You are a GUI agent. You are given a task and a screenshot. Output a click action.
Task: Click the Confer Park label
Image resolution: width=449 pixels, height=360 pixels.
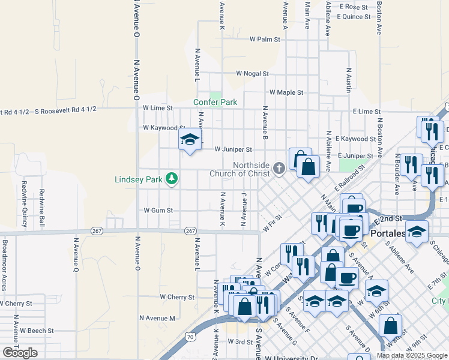[x=215, y=103]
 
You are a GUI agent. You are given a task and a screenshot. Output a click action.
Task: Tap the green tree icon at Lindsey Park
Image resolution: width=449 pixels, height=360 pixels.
[x=172, y=178]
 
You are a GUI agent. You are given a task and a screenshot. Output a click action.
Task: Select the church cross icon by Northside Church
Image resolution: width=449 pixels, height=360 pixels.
[x=279, y=169]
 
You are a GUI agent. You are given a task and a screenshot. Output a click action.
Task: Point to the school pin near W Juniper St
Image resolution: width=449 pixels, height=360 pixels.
[x=190, y=141]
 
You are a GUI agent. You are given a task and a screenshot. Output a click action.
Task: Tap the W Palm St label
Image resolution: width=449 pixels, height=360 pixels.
[x=265, y=40]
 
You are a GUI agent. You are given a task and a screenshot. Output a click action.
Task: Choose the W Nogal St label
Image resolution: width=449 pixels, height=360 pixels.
[x=252, y=73]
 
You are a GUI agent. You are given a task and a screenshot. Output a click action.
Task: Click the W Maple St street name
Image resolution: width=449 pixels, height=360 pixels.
[x=286, y=92]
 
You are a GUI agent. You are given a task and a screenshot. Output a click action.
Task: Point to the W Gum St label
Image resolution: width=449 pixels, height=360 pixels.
[x=158, y=211]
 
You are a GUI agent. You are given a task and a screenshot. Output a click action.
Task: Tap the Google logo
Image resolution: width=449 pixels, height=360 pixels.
[x=20, y=353]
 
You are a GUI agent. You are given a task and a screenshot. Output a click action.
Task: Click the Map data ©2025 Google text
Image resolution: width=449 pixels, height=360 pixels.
[x=411, y=355]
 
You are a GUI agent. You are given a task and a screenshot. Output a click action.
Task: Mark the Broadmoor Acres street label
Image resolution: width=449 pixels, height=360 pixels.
[x=4, y=265]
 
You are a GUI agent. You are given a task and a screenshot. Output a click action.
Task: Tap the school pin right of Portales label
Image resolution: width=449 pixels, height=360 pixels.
[x=417, y=233]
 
